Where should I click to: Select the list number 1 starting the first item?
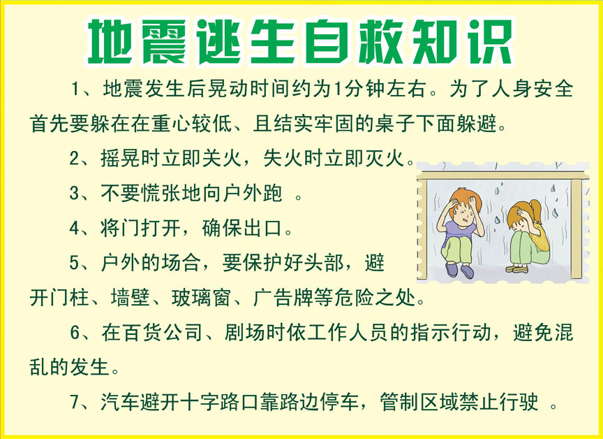(x=76, y=90)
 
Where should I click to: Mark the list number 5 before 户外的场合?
(x=76, y=263)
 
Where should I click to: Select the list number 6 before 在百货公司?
(x=76, y=333)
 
